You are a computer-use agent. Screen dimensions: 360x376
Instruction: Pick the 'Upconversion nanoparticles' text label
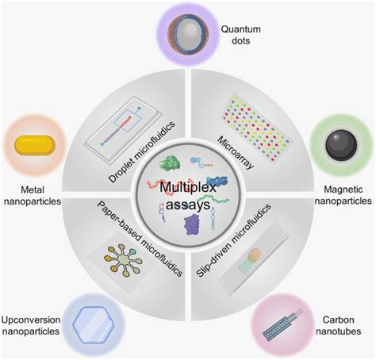coord(31,324)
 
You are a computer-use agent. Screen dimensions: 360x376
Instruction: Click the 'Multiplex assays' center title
coord(188,196)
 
